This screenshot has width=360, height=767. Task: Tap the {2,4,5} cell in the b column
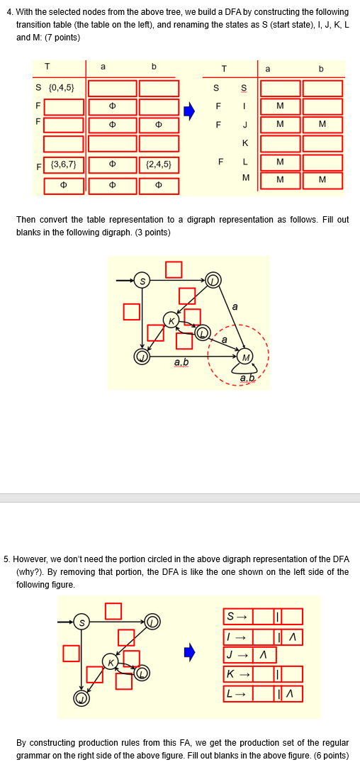[159, 165]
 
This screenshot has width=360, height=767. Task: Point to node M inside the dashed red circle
[244, 356]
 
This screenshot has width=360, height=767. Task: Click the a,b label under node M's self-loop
[247, 378]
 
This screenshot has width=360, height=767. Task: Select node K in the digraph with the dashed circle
[171, 320]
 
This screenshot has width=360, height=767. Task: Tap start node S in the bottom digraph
[81, 622]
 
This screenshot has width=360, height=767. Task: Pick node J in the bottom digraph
[81, 698]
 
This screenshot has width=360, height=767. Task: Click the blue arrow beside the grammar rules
[189, 652]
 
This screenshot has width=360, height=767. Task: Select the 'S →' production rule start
[235, 617]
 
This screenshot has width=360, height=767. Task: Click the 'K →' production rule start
[235, 674]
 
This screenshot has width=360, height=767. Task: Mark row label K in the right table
[245, 143]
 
